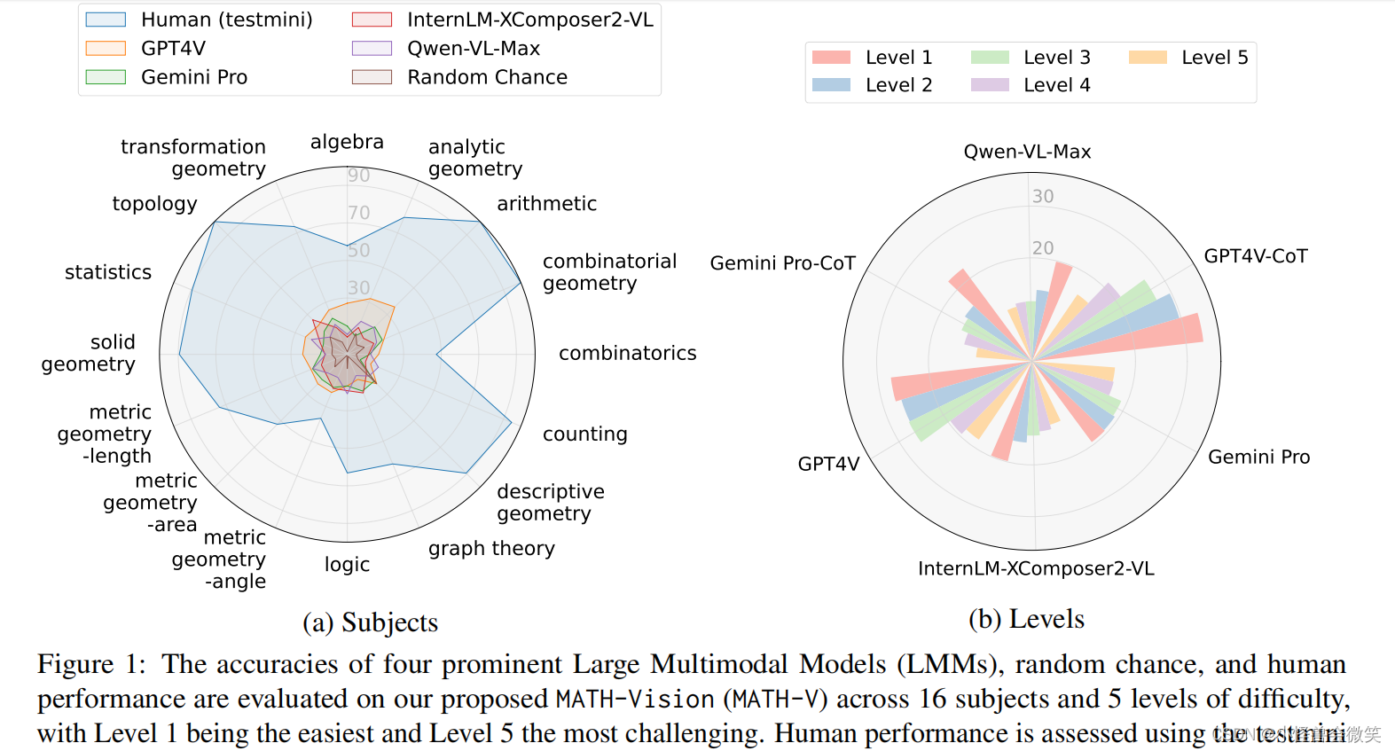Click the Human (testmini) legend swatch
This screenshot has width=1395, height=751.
(106, 20)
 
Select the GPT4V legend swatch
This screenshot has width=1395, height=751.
(106, 48)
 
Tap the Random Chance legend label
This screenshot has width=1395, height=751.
(487, 77)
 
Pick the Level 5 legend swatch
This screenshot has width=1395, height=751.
(1148, 58)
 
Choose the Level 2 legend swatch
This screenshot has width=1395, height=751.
(831, 85)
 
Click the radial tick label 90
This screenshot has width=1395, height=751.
(358, 176)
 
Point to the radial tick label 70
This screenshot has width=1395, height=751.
(358, 213)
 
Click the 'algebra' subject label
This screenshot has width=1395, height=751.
(347, 142)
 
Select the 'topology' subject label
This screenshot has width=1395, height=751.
(154, 204)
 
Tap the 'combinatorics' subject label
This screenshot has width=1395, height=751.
(627, 353)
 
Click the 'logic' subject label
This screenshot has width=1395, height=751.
(347, 565)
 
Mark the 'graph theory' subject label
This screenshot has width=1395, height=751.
(491, 549)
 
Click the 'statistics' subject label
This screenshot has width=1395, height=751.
(108, 272)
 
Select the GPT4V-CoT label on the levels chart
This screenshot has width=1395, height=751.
(1255, 256)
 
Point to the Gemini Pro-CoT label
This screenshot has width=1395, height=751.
(782, 263)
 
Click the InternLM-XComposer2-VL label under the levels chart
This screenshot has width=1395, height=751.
(1036, 568)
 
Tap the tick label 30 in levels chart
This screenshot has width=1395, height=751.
(1043, 196)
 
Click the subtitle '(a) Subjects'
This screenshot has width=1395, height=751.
(370, 622)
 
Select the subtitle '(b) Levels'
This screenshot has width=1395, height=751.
(1026, 619)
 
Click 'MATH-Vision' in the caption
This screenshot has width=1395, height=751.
(635, 700)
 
